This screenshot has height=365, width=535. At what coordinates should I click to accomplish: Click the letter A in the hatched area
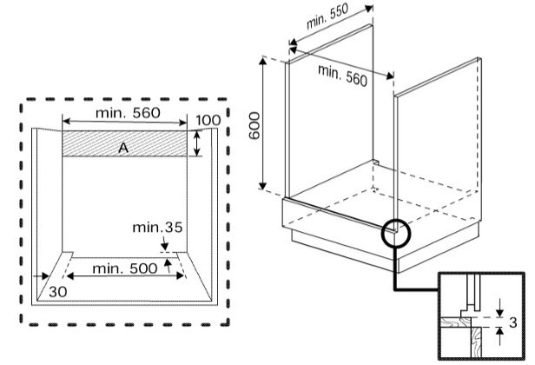[123, 148]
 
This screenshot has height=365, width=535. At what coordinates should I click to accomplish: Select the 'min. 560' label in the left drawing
[128, 113]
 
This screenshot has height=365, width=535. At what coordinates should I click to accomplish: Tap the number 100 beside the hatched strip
[208, 120]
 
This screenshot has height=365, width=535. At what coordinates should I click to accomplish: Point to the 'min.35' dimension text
[158, 228]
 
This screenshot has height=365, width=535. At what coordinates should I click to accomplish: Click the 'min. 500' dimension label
[125, 269]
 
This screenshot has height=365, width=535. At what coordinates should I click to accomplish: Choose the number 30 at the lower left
[58, 292]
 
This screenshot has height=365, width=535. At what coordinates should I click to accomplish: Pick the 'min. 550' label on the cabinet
[327, 17]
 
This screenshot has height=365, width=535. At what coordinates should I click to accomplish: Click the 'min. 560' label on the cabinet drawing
[342, 75]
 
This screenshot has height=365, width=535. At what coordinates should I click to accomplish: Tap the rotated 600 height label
[254, 126]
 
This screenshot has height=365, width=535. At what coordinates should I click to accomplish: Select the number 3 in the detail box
[512, 322]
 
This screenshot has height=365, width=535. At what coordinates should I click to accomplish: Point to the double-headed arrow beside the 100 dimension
[197, 143]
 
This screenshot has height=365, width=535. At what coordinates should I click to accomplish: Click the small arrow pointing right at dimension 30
[42, 276]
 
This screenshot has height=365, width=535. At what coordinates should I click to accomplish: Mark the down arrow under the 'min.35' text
[164, 244]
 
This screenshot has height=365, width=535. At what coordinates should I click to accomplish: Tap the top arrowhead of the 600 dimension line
[262, 62]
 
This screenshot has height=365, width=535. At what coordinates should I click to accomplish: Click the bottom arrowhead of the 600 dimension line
[262, 185]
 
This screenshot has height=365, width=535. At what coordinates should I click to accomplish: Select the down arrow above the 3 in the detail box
[500, 308]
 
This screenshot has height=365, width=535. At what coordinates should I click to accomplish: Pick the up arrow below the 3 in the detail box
[500, 336]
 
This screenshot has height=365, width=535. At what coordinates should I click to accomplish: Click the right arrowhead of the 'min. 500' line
[181, 275]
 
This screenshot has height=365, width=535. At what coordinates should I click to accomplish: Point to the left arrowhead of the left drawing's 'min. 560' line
[67, 122]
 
